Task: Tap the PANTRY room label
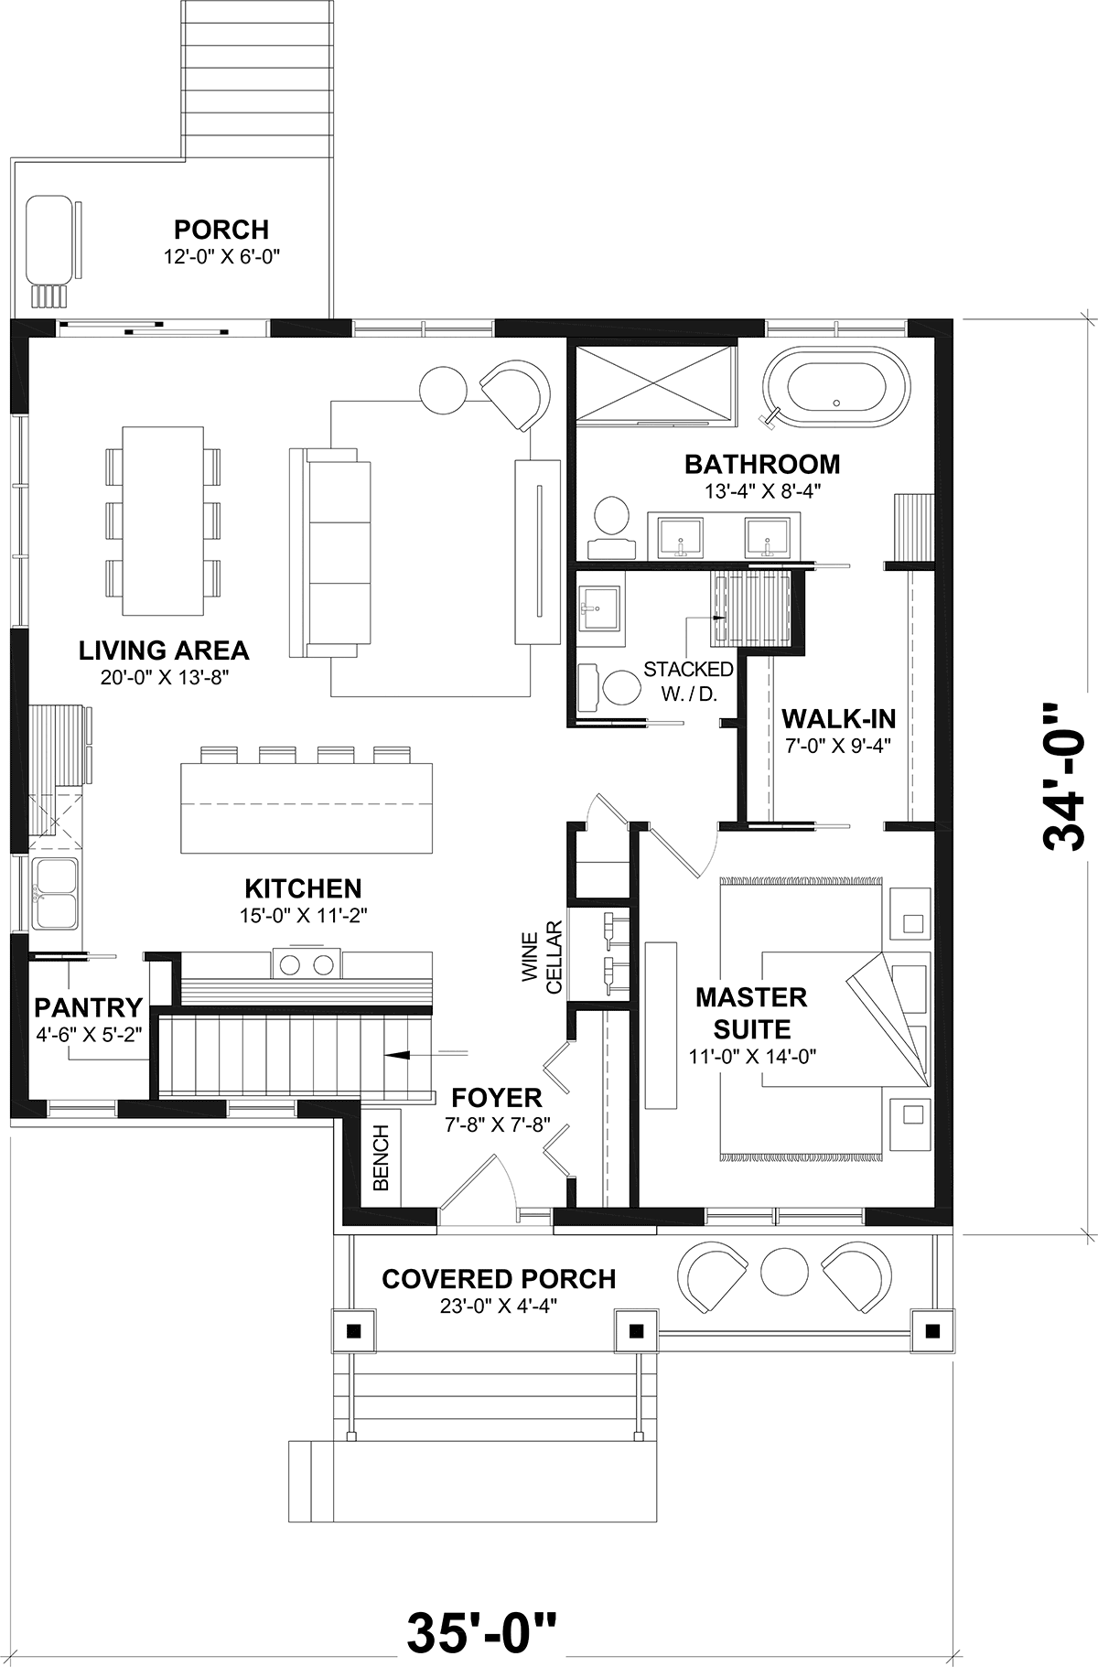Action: pos(88,1007)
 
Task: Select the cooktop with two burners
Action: pos(306,963)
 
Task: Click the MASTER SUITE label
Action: pos(751,1013)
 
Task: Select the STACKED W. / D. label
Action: pos(688,682)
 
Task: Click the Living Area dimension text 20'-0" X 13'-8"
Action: pos(164,678)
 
